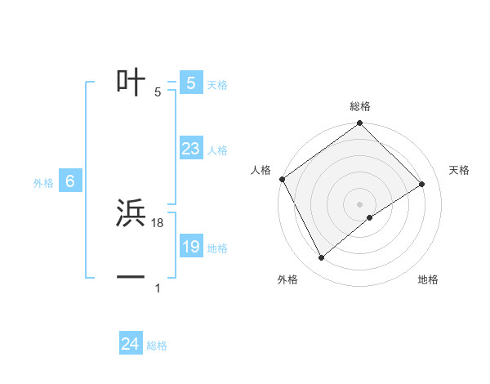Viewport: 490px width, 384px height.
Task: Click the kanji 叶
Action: click(131, 82)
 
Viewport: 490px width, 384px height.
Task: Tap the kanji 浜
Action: click(131, 213)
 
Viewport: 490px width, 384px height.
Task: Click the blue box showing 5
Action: click(190, 83)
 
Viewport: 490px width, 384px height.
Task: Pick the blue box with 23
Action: click(190, 149)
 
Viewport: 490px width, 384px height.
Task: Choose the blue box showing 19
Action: click(190, 247)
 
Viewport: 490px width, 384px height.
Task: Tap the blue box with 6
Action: click(70, 181)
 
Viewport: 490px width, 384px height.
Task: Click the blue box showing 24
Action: click(130, 344)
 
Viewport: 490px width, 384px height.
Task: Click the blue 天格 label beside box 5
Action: click(217, 85)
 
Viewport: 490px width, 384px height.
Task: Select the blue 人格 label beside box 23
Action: click(217, 150)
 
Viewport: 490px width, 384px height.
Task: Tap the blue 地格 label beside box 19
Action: click(217, 248)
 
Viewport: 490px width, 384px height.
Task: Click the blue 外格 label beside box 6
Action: click(43, 184)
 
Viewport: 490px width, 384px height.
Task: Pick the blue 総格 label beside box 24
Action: click(157, 346)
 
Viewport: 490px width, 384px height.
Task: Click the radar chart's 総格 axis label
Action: click(360, 106)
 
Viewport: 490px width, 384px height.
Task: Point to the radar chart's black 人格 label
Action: click(261, 170)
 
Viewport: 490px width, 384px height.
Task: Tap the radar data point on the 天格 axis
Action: click(422, 184)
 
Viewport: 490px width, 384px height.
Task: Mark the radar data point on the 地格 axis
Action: click(370, 217)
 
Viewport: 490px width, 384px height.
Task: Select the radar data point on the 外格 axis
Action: click(322, 258)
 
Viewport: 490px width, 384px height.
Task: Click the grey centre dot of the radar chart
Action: click(359, 203)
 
